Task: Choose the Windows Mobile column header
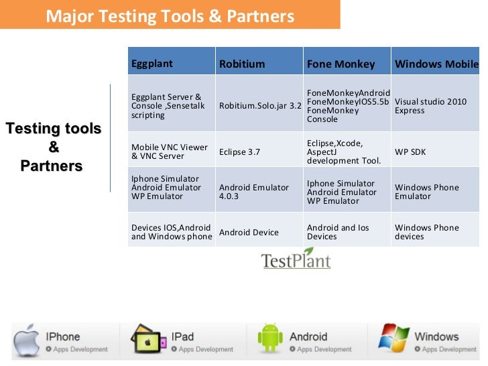pos(436,64)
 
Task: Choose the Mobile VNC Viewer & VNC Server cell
pos(170,152)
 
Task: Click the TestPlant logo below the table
pos(296,260)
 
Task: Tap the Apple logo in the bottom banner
pos(27,339)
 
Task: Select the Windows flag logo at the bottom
pos(393,339)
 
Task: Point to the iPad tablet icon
pos(148,339)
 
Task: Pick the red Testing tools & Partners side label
pos(53,147)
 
